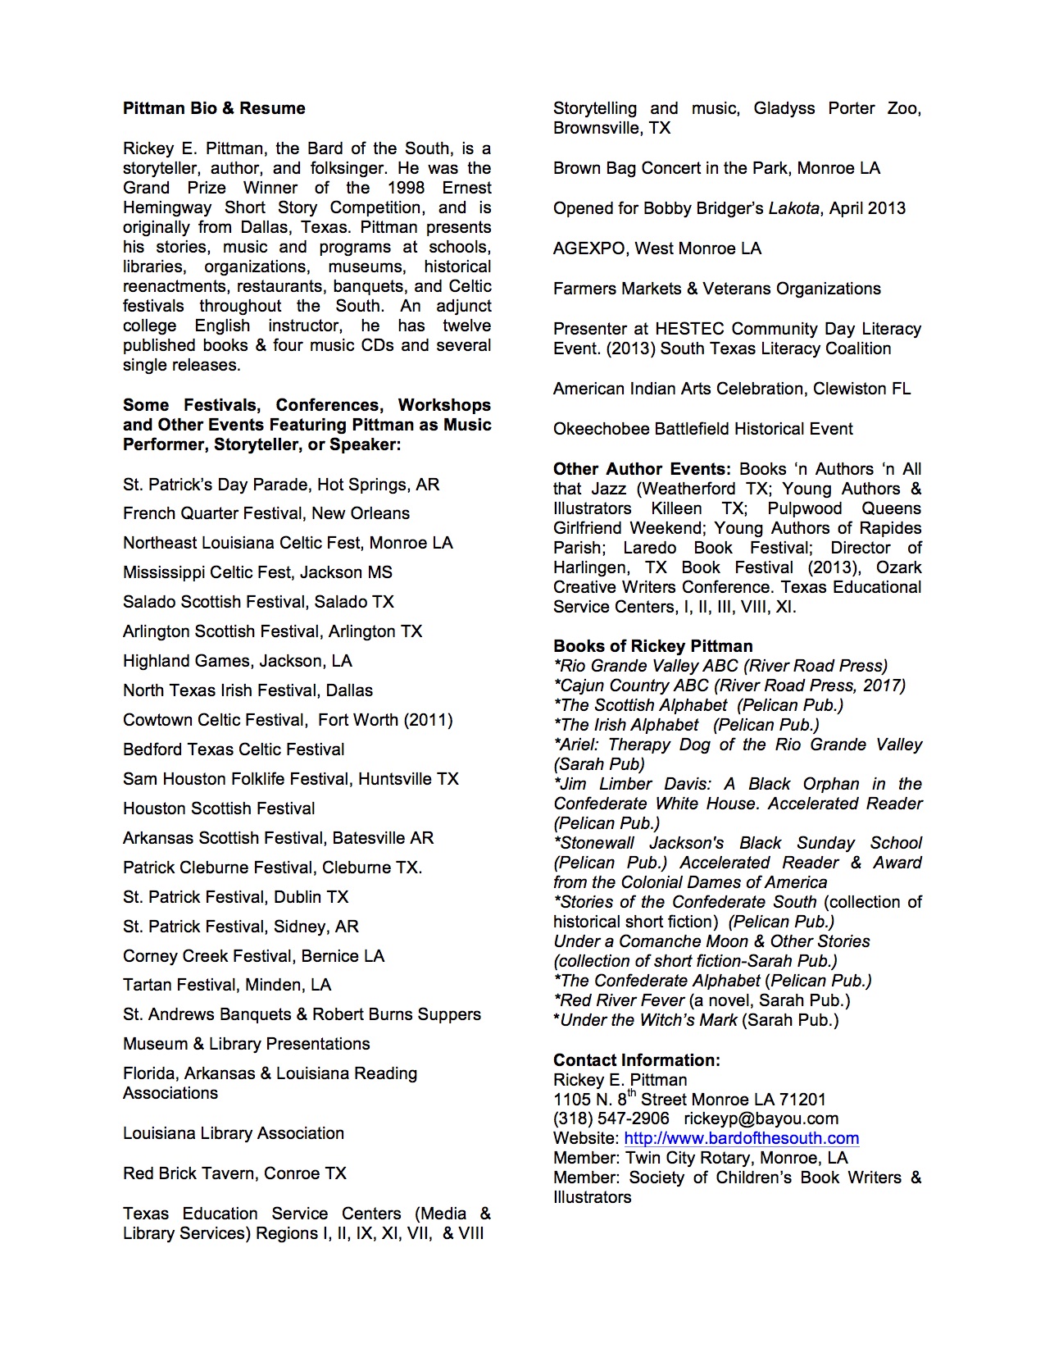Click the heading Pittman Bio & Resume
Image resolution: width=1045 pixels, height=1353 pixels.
pos(214,108)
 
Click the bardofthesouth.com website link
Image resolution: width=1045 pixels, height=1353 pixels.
pos(741,1138)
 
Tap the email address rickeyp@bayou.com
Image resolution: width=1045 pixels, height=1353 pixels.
pos(761,1118)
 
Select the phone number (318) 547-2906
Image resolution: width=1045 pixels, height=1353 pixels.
pos(611,1118)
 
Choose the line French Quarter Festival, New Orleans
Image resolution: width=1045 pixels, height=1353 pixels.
pos(266,513)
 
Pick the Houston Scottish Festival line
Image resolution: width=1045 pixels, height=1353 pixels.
pos(219,809)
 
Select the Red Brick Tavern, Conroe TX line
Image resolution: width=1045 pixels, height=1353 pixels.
pos(234,1173)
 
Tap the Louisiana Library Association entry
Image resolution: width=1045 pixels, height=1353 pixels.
pos(234,1133)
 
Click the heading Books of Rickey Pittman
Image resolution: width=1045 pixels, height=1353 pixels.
pos(652,646)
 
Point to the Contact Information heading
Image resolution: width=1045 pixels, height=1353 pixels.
pos(636,1060)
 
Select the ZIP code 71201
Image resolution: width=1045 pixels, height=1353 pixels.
pos(800,1100)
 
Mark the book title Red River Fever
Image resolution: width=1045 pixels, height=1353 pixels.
pos(622,1000)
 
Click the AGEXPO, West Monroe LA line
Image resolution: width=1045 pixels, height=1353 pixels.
pos(657,248)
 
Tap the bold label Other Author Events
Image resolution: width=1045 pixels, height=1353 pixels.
pos(642,469)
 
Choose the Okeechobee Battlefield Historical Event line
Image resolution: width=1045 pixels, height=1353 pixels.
pos(702,429)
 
